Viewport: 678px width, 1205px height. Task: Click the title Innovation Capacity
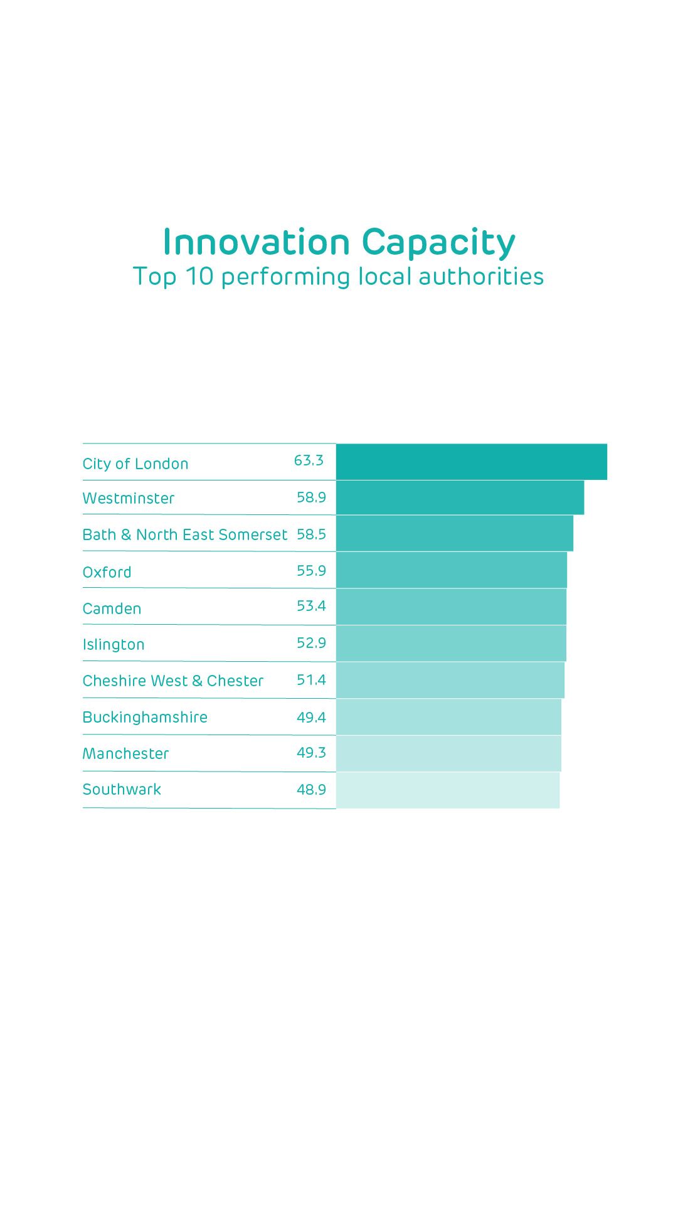[x=339, y=243]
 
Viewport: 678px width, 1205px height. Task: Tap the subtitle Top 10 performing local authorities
[x=338, y=277]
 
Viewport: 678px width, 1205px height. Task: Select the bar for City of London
[x=471, y=462]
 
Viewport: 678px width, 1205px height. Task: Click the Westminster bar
[x=460, y=497]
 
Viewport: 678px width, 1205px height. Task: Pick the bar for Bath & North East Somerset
[x=454, y=533]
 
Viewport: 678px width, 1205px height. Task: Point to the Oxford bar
[x=451, y=570]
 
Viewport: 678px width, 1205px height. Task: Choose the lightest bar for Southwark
[x=447, y=790]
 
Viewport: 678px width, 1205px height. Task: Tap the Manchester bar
[x=448, y=753]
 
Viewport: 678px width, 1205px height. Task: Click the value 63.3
[x=309, y=460]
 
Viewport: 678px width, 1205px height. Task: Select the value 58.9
[x=311, y=497]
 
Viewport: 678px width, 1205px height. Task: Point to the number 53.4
[x=311, y=606]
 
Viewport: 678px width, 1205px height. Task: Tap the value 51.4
[x=311, y=680]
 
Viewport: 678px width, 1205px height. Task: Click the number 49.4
[x=311, y=717]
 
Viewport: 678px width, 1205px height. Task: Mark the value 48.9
[x=311, y=790]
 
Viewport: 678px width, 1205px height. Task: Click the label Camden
[x=112, y=609]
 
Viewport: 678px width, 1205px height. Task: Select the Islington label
[x=114, y=645]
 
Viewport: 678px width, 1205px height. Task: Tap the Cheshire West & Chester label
[x=173, y=681]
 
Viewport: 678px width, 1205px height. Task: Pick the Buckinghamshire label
[x=145, y=718]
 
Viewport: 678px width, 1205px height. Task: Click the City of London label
[x=135, y=464]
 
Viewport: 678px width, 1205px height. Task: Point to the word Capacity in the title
[x=438, y=243]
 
